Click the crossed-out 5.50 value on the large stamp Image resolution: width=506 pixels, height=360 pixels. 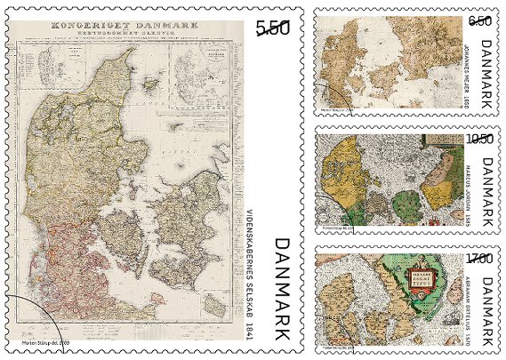pyautogui.click(x=273, y=28)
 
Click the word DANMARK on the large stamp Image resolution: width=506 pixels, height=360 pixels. pyautogui.click(x=283, y=290)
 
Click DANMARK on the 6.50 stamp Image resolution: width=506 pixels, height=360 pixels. pyautogui.click(x=485, y=75)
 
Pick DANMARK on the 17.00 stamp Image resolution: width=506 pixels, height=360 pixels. pyautogui.click(x=485, y=310)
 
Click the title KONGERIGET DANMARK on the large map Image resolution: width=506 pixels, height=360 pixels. pyautogui.click(x=124, y=27)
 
